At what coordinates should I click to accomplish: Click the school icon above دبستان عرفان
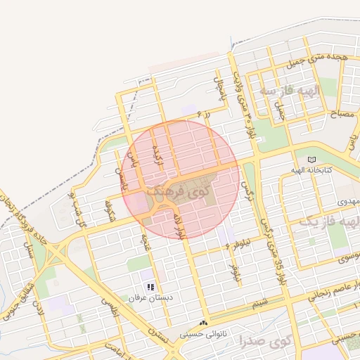(150, 287)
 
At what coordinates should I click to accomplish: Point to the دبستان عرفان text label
(150, 298)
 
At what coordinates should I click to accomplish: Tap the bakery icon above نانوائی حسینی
(204, 323)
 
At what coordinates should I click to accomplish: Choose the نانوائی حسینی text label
(204, 334)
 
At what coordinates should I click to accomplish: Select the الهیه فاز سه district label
(289, 91)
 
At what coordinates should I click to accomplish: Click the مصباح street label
(330, 115)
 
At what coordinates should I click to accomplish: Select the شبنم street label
(259, 302)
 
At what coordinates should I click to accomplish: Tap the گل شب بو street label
(78, 208)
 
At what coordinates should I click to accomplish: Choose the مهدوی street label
(350, 202)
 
